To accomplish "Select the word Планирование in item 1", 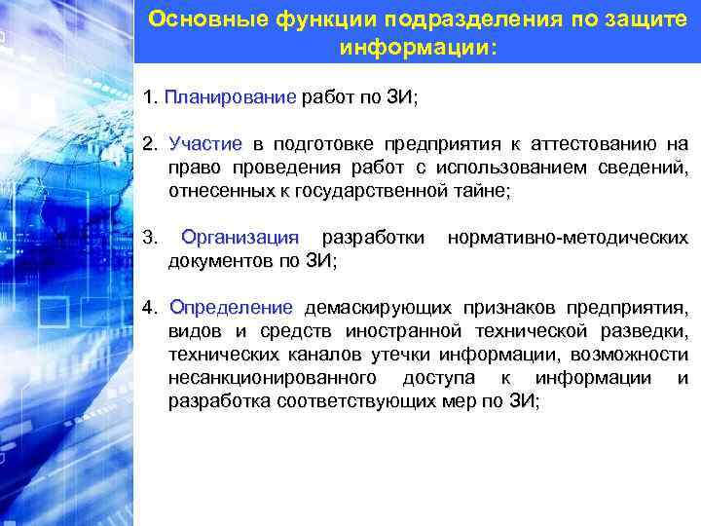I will point(230,98).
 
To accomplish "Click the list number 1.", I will point(148,98).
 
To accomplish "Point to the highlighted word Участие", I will point(205,144).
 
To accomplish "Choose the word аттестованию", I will point(595,144).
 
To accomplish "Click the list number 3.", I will point(149,238).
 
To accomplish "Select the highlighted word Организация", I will point(240,238).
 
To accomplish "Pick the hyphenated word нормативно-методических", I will point(568,238).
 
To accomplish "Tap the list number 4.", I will point(149,308).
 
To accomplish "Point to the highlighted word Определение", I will point(231,308).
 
